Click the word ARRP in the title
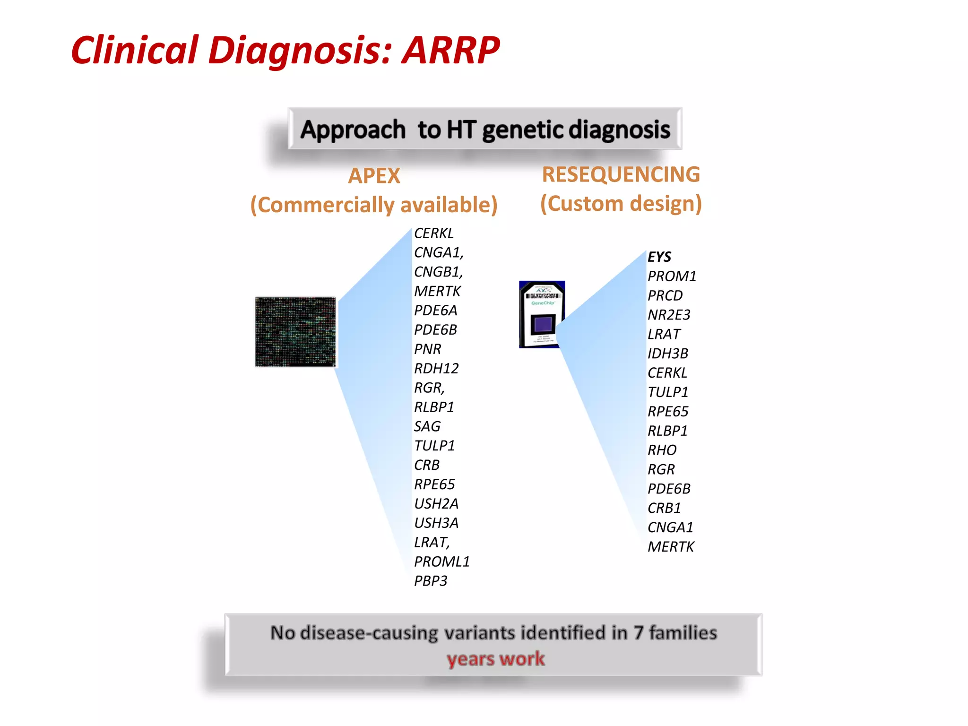450,51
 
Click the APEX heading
374,176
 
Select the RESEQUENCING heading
621,174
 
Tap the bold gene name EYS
659,257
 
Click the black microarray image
295,332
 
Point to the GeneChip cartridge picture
542,314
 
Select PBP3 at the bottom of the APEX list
430,581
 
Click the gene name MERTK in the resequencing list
670,547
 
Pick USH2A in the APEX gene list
436,504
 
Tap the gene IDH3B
667,354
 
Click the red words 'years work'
495,658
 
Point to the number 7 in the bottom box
638,633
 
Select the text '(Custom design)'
621,204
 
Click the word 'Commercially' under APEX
326,205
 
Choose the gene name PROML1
441,562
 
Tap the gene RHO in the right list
662,450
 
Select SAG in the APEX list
427,426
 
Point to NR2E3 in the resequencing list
668,315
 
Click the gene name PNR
427,349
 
